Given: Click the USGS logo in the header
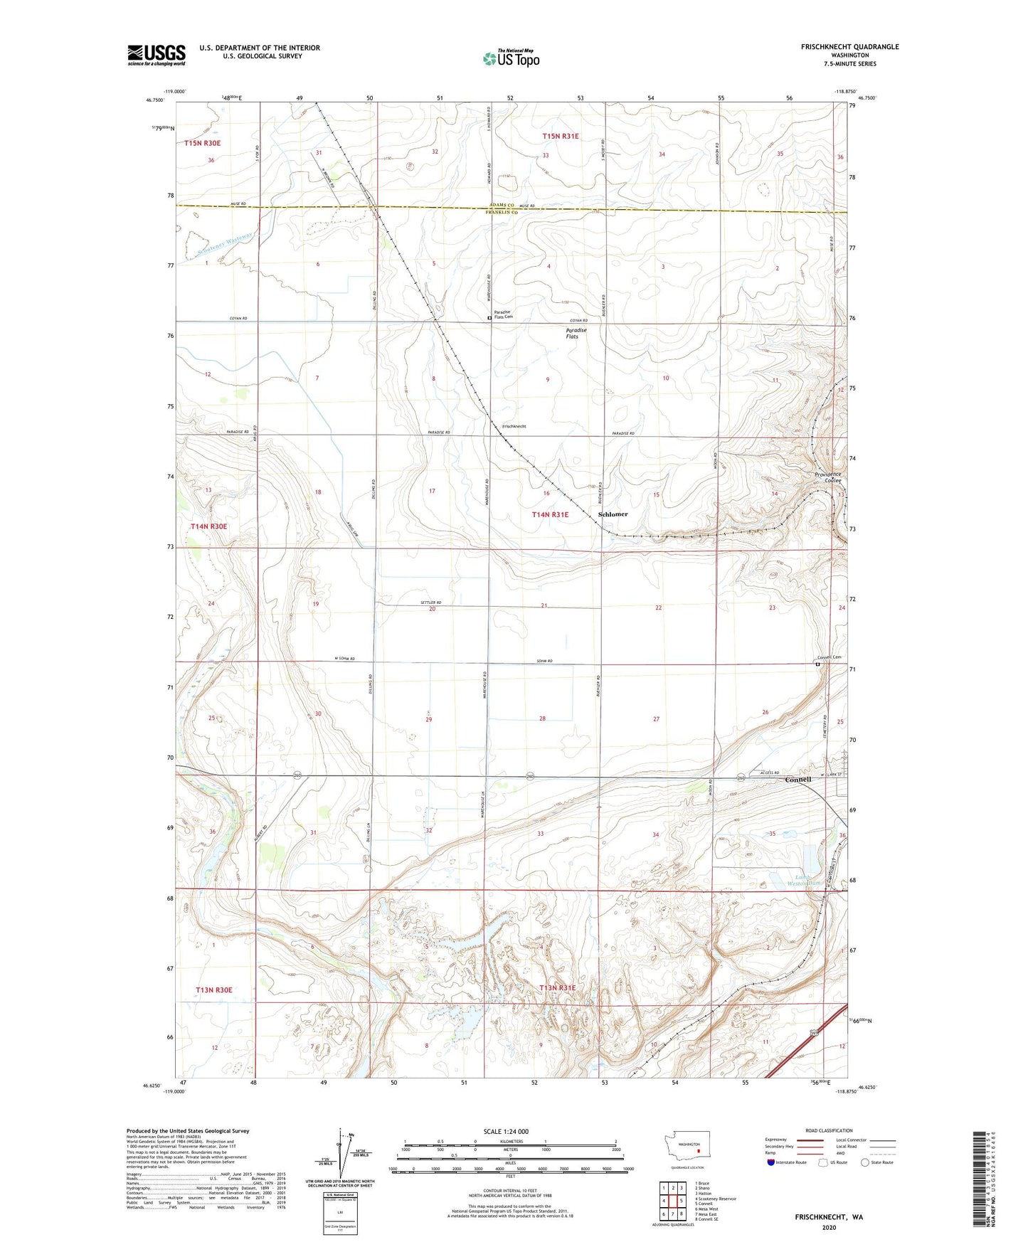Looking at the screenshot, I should [156, 55].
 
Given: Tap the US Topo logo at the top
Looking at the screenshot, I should [511, 58].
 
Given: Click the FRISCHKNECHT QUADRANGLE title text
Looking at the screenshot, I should [849, 47].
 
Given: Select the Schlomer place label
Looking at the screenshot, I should [613, 514].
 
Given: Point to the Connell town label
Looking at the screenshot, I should [798, 779].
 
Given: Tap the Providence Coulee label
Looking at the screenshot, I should [827, 477].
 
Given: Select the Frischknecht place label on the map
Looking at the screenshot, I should [514, 426].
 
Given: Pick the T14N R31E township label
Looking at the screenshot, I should [550, 514].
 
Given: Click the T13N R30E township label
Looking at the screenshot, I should [214, 989].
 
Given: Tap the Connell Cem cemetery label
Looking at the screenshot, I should [829, 657].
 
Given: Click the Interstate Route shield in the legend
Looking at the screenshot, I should [770, 1183].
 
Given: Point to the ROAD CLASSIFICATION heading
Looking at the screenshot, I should [829, 1130].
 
